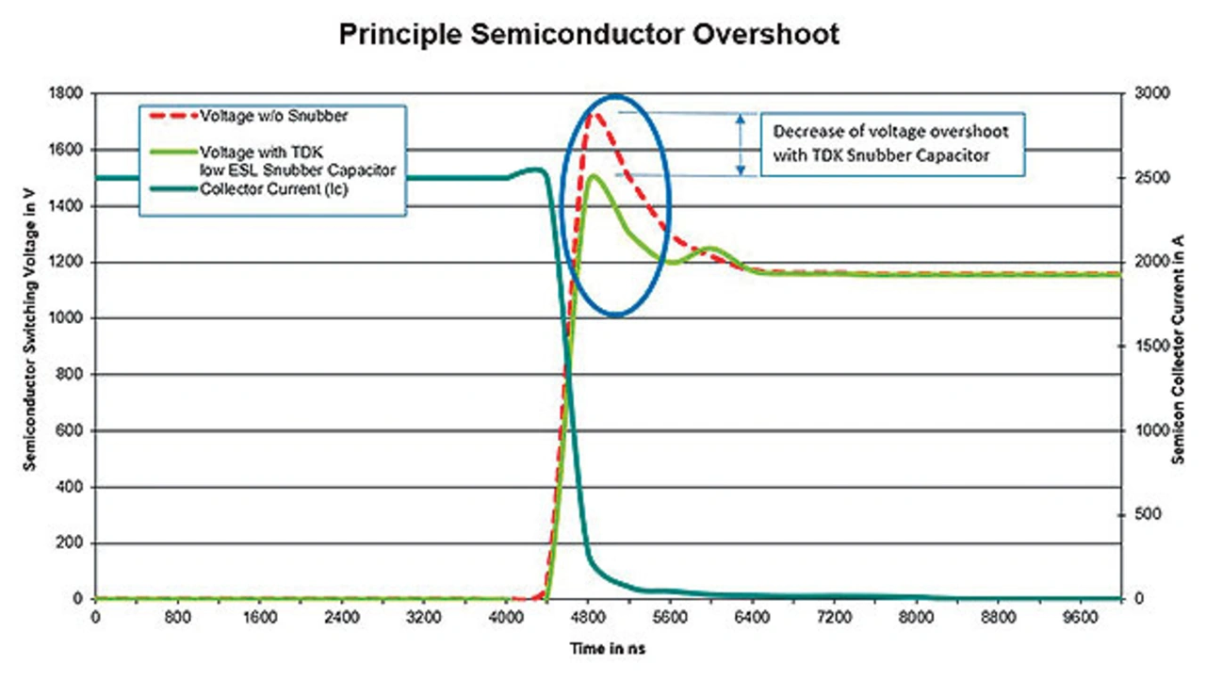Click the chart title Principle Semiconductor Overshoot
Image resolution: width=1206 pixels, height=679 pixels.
tap(589, 36)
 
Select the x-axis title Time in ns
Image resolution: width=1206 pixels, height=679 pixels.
tap(607, 649)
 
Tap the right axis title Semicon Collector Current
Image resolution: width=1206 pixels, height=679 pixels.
tap(1178, 346)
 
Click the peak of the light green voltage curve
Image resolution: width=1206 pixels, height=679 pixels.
tap(592, 175)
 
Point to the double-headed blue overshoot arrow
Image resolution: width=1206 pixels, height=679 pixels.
tap(742, 144)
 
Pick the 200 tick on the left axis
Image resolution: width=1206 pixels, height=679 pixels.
tap(72, 543)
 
